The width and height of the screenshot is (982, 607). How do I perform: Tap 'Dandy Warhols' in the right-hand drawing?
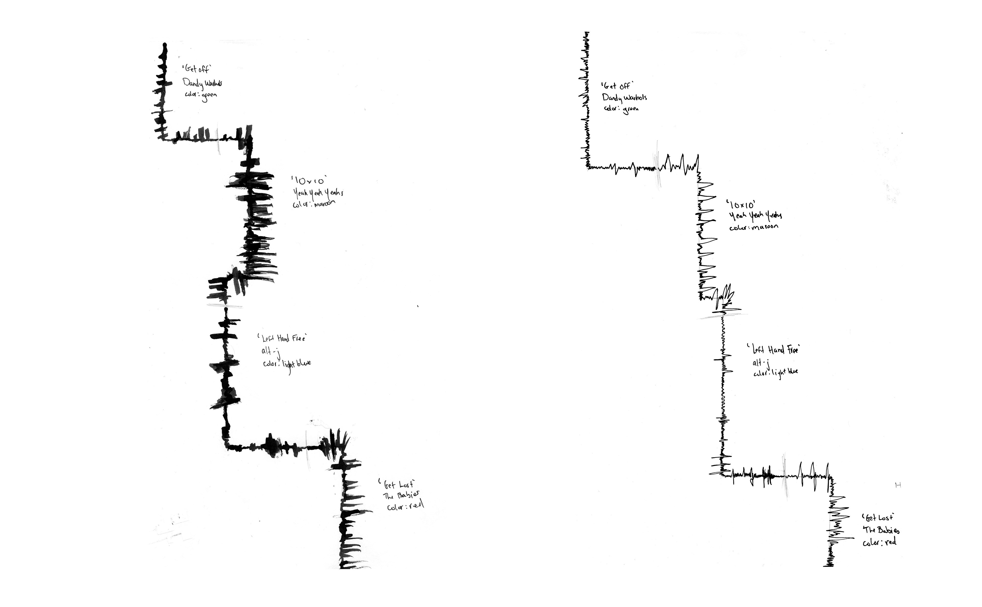click(624, 97)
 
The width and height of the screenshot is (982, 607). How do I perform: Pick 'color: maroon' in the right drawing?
click(753, 227)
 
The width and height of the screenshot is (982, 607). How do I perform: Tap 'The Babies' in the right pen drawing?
click(881, 530)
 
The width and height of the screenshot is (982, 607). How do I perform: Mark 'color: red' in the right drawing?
click(879, 542)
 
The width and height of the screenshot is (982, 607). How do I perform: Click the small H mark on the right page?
click(898, 485)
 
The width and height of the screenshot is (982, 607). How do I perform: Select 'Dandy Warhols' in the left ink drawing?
click(202, 83)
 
